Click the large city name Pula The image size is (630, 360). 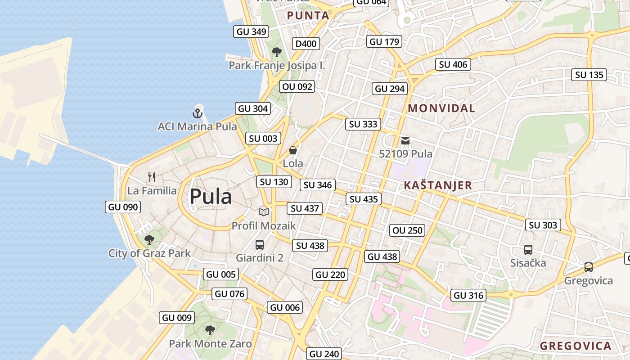pyautogui.click(x=211, y=197)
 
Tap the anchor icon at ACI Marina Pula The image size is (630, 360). pyautogui.click(x=197, y=113)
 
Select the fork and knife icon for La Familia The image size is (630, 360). pyautogui.click(x=152, y=177)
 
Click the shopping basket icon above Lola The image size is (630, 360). pyautogui.click(x=293, y=150)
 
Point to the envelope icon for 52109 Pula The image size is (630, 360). pyautogui.click(x=405, y=141)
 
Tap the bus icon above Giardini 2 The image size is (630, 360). pyautogui.click(x=260, y=245)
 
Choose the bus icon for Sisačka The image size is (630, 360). pyautogui.click(x=528, y=250)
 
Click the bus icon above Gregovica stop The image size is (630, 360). pyautogui.click(x=589, y=267)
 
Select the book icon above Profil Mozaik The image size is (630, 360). pyautogui.click(x=263, y=212)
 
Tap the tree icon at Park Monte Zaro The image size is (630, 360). pyautogui.click(x=210, y=331)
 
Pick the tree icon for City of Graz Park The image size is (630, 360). pyautogui.click(x=149, y=240)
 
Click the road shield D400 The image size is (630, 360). pyautogui.click(x=306, y=44)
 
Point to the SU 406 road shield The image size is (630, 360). pyautogui.click(x=453, y=64)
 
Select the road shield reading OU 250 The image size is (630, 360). pyautogui.click(x=408, y=230)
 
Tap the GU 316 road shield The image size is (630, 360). pyautogui.click(x=469, y=295)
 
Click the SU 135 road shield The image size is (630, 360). pyautogui.click(x=589, y=75)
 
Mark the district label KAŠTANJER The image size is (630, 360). pyautogui.click(x=438, y=185)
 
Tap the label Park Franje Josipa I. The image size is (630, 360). pyautogui.click(x=277, y=66)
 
